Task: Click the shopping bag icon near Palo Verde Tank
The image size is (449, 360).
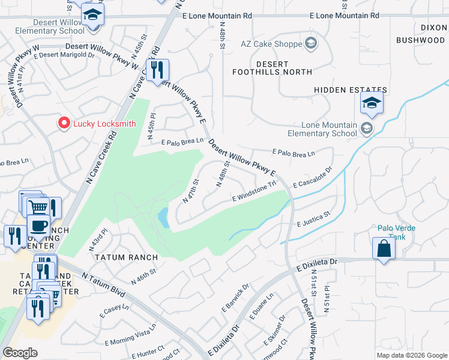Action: point(383,248)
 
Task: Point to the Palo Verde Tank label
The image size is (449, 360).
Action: point(396,232)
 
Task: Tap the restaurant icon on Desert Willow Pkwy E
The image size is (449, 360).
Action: point(157,71)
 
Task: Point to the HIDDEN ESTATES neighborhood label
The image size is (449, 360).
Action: point(350,90)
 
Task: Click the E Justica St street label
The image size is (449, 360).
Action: point(313,219)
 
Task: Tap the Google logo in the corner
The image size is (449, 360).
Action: point(19,353)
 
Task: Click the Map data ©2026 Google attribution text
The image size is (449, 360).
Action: point(411,355)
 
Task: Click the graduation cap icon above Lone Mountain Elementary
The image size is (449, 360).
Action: point(372,103)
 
